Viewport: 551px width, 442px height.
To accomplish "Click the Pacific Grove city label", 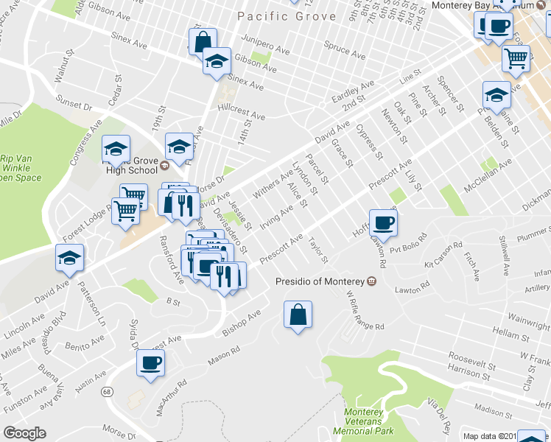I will click(x=287, y=16).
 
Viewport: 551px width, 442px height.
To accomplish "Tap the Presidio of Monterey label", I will click(x=320, y=281).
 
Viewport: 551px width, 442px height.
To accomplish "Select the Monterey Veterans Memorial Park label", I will click(x=363, y=423).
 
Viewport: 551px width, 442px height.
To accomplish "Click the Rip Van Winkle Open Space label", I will click(x=21, y=167).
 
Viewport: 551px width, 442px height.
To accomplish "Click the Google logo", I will click(x=24, y=433).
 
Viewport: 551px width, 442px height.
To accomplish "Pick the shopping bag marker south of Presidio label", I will click(x=297, y=315).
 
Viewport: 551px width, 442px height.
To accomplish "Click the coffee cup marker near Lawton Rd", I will click(x=383, y=222).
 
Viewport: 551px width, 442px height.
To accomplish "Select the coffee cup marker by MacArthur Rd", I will click(x=151, y=364).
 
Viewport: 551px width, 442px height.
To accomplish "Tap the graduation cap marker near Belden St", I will click(x=496, y=96).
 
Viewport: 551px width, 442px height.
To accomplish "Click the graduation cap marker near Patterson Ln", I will click(x=70, y=259).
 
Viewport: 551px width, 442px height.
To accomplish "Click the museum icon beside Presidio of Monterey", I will click(x=371, y=281).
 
